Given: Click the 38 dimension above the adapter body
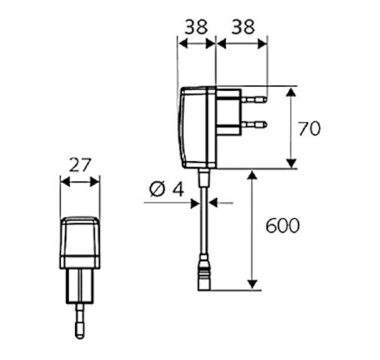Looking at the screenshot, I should tap(197, 27).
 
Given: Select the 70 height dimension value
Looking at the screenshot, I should tap(309, 128).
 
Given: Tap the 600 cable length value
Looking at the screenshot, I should tap(282, 225).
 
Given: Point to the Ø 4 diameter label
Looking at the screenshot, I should tap(166, 189).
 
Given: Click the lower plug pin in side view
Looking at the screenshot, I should tap(255, 124).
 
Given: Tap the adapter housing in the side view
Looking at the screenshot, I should tap(198, 127).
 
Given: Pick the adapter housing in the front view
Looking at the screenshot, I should tap(80, 242).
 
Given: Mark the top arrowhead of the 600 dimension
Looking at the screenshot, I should tap(252, 175).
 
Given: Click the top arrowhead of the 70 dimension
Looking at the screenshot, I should tap(291, 91).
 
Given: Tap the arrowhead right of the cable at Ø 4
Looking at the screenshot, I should tap(213, 201).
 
